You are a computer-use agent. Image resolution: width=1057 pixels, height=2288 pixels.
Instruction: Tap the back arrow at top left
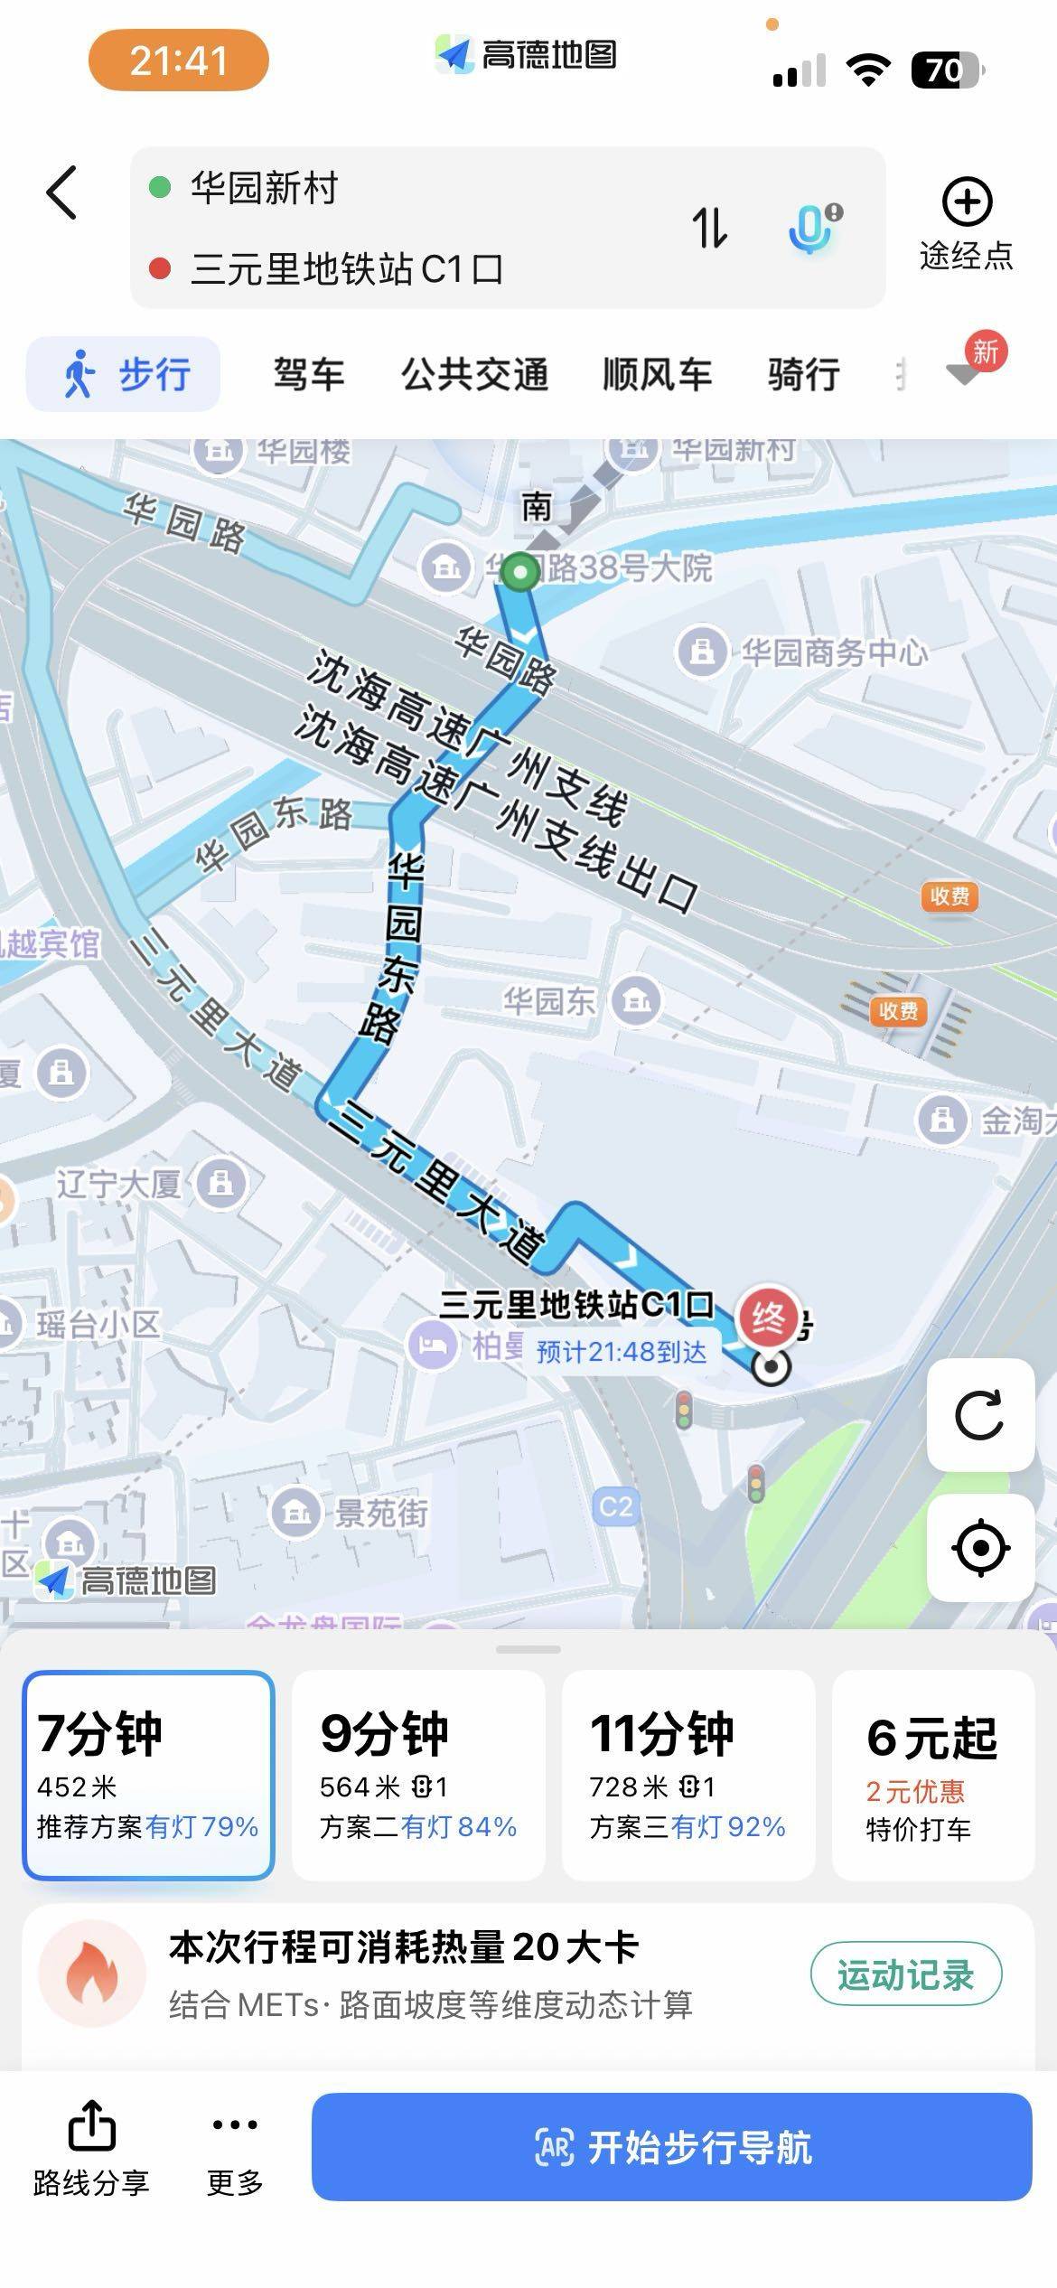coord(61,192)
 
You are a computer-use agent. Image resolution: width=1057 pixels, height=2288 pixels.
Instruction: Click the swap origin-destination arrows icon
coord(709,227)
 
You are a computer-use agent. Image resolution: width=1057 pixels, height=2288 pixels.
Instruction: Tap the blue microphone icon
coord(813,228)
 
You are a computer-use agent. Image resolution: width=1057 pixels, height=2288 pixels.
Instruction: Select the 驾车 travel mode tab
coord(309,374)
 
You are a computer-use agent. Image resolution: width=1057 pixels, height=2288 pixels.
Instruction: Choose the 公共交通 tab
coord(475,374)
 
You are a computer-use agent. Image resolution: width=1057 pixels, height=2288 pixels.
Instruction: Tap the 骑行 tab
coord(803,374)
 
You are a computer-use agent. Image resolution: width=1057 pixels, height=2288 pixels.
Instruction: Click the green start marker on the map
coord(519,572)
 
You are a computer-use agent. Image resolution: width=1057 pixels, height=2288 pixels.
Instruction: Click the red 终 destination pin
coord(768,1318)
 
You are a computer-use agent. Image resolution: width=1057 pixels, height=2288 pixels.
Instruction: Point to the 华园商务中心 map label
coord(833,652)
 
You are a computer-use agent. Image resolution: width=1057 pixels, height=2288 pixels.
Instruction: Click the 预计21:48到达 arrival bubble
coord(622,1352)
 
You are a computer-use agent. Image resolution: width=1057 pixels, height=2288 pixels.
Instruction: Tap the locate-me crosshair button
coord(980,1548)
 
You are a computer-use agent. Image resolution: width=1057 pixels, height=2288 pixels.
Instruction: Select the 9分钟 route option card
coord(418,1775)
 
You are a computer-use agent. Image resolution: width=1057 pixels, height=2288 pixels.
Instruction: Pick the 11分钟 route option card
coord(688,1775)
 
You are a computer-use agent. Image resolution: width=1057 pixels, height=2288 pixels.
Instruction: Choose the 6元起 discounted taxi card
coord(931,1775)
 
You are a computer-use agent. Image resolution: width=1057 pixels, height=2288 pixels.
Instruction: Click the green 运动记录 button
coord(905,1974)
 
